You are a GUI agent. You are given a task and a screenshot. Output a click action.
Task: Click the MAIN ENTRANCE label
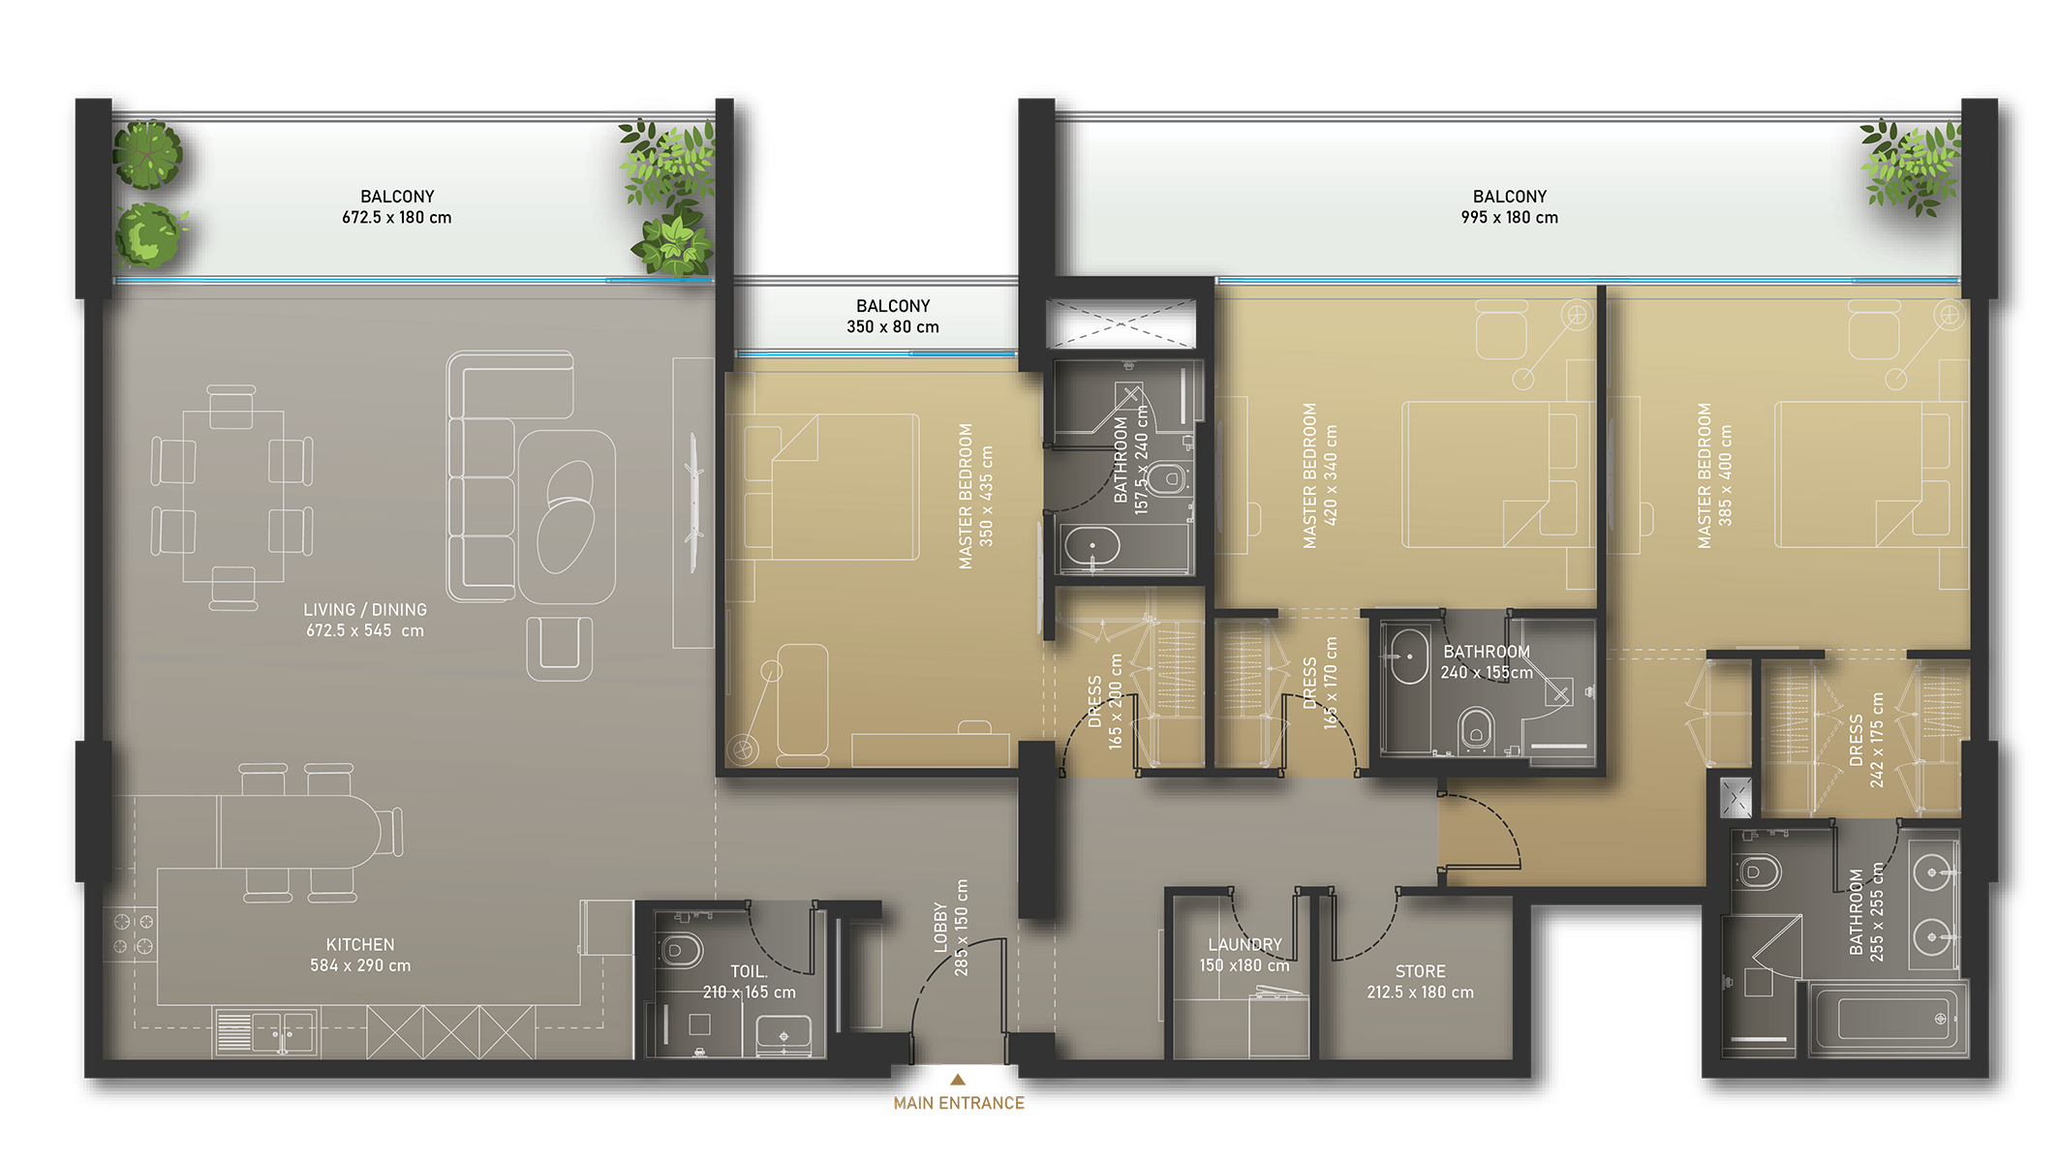pos(958,1103)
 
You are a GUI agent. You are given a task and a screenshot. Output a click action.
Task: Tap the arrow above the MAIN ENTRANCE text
pos(958,1079)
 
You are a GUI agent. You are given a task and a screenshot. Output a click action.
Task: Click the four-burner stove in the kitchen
pos(132,933)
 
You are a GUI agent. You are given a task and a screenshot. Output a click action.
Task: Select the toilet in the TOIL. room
pos(680,949)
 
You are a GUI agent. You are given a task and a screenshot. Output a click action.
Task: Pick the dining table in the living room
pos(233,497)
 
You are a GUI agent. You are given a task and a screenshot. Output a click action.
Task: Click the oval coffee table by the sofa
pos(569,516)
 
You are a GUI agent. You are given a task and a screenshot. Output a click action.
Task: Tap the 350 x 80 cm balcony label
pos(893,317)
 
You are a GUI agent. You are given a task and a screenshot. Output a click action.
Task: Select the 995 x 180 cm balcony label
pos(1510,207)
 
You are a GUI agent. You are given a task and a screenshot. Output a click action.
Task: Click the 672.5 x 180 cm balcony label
pos(397,207)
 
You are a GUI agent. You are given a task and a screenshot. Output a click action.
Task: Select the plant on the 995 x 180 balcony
pos(1911,167)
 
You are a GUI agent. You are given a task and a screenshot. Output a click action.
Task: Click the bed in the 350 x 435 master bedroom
pos(831,487)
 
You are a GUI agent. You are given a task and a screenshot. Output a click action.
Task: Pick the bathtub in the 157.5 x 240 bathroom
pos(1092,547)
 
